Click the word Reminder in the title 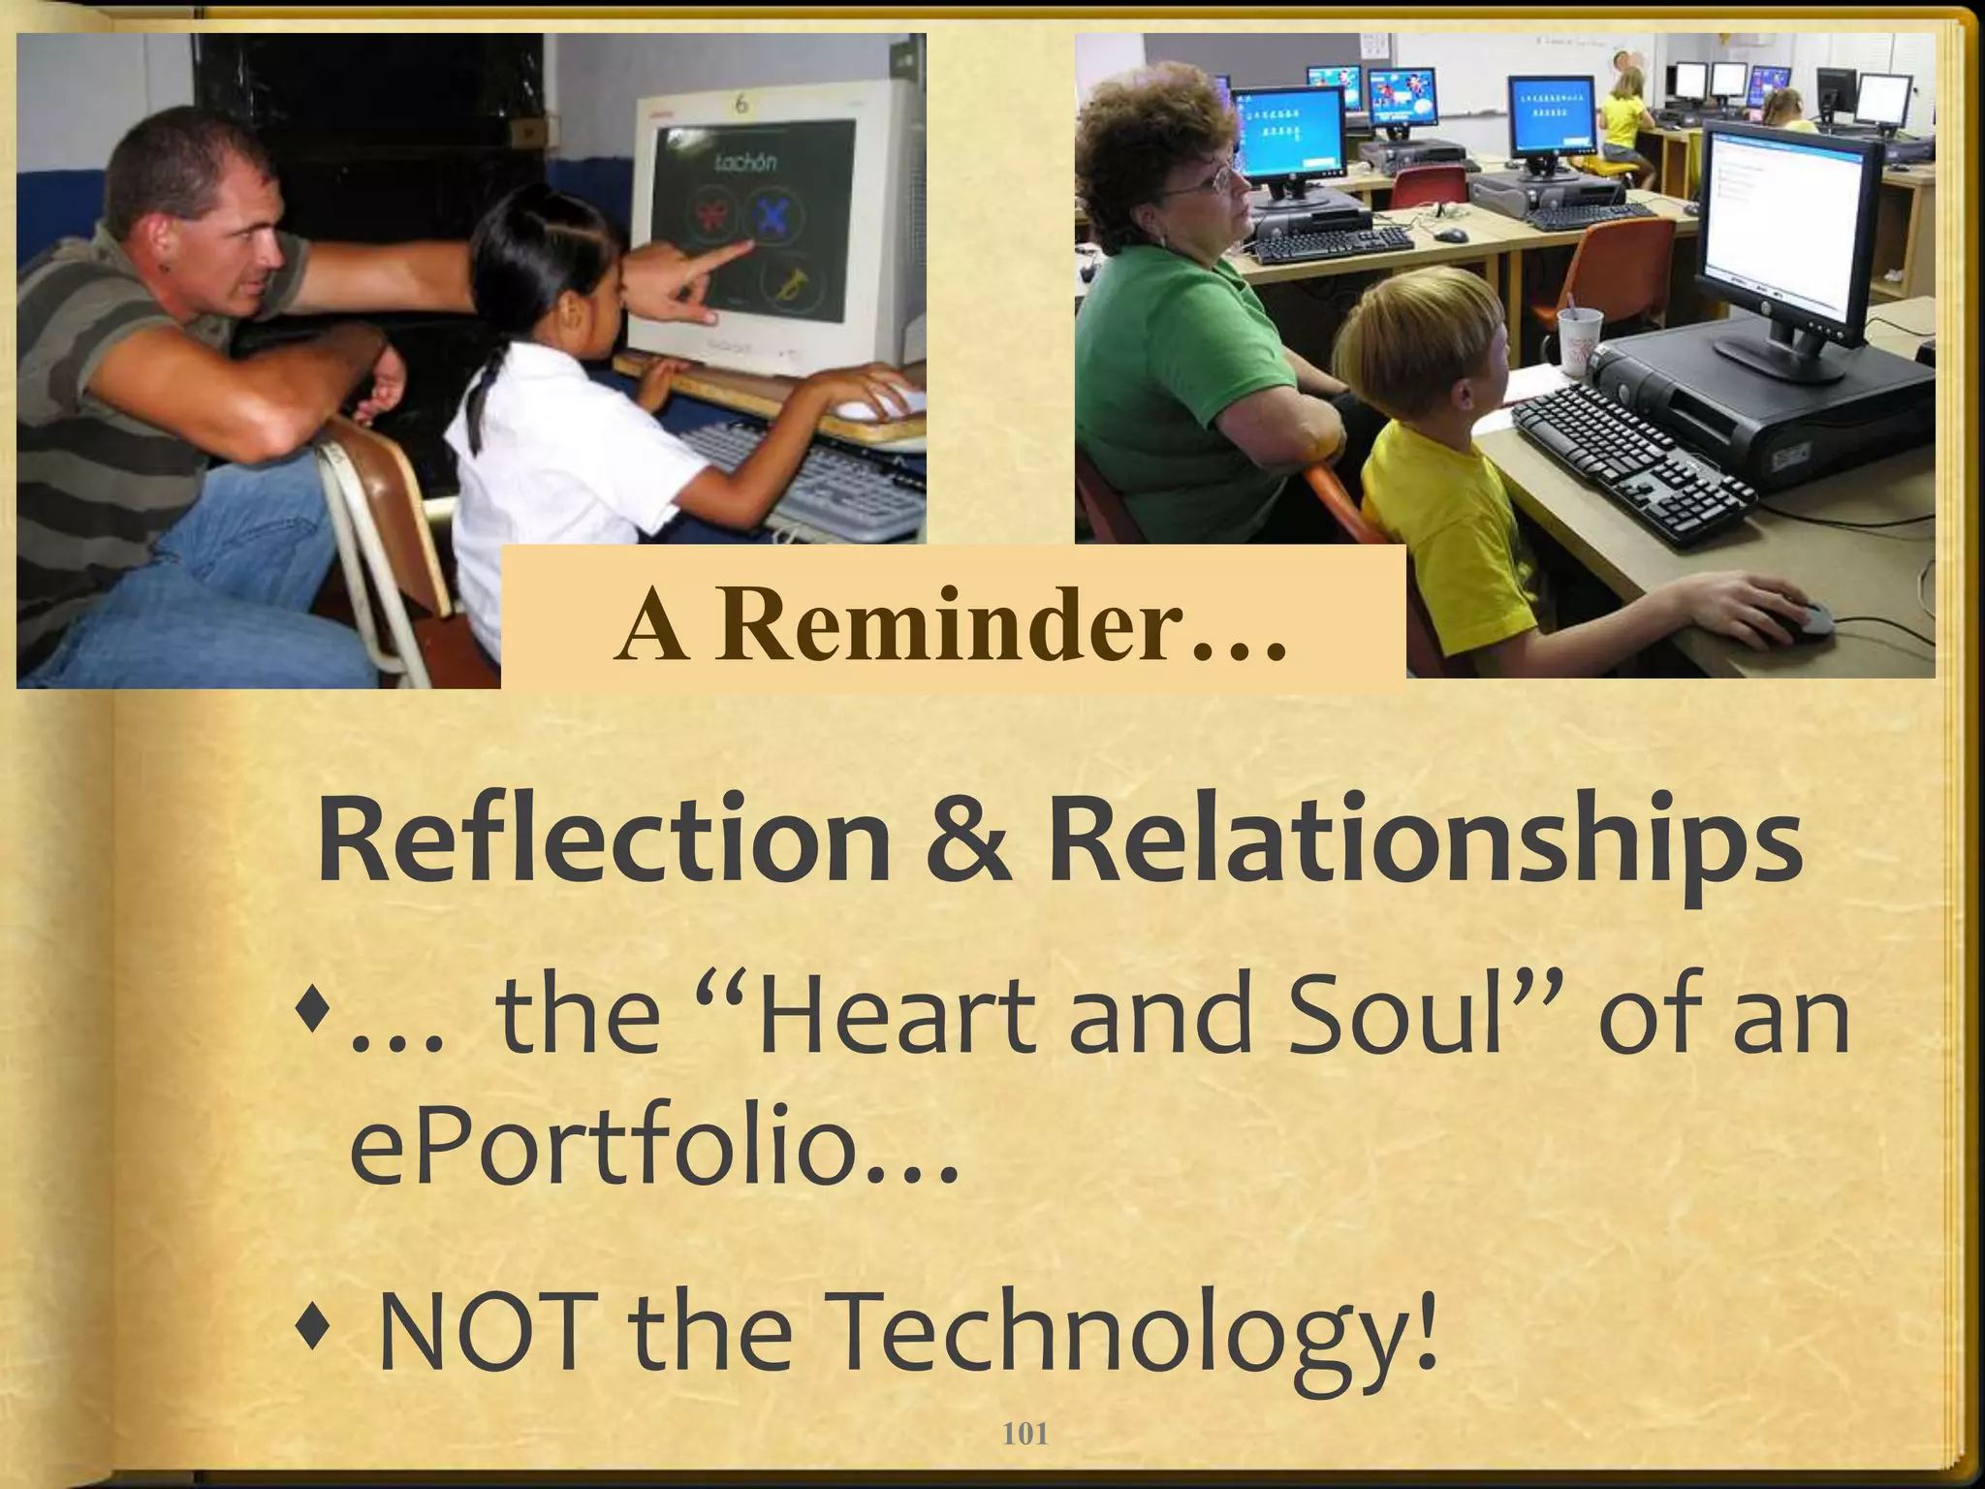point(1004,624)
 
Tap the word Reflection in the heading point(602,839)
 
